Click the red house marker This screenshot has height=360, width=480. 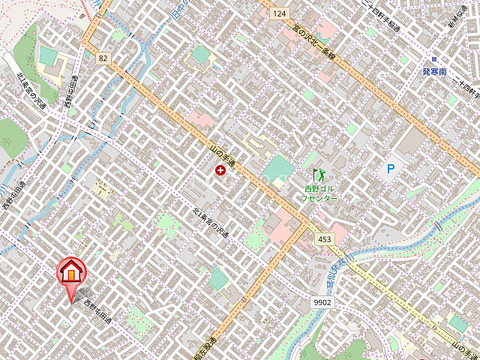70,274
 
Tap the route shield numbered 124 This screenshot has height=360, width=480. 280,13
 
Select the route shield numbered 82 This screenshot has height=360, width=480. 103,57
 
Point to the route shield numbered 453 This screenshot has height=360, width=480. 324,239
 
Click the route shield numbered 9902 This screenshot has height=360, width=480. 322,301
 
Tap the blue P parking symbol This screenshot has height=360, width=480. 390,169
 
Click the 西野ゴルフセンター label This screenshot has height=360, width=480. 320,193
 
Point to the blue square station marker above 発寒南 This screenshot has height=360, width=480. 433,58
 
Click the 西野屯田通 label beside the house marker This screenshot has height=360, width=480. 97,311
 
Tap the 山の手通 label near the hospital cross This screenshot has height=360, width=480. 223,153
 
